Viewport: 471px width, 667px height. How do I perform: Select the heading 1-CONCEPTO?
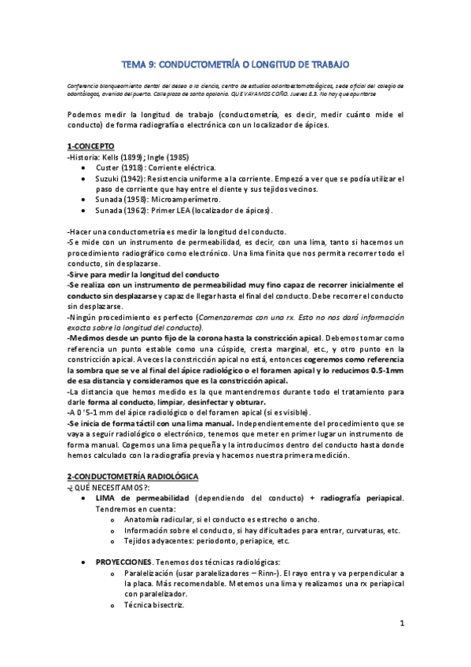point(91,146)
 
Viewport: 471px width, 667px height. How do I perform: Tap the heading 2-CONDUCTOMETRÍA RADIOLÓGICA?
point(133,477)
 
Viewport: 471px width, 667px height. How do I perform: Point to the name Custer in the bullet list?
point(109,168)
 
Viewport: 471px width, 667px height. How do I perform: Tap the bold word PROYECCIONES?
point(123,563)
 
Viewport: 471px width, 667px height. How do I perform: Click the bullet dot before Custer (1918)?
point(84,169)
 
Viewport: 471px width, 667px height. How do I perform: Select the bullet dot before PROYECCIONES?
point(84,564)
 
